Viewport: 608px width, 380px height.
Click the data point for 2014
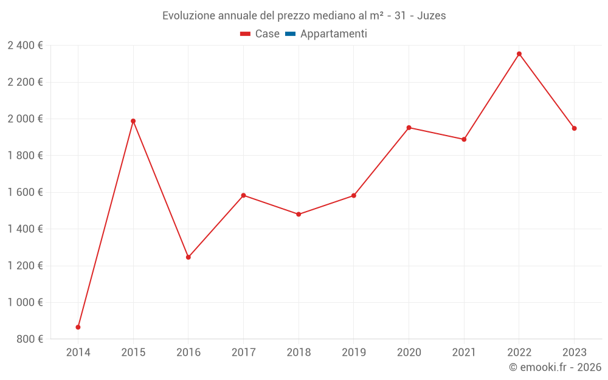pyautogui.click(x=78, y=327)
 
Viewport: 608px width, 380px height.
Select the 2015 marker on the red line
pyautogui.click(x=133, y=121)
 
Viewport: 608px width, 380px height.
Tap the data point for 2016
pyautogui.click(x=188, y=257)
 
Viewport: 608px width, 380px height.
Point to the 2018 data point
pyautogui.click(x=299, y=215)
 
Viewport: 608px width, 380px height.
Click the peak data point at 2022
pyautogui.click(x=519, y=54)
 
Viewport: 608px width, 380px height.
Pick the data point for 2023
pyautogui.click(x=574, y=128)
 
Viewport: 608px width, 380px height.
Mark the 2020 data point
pyautogui.click(x=409, y=128)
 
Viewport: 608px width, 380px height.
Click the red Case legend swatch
pyautogui.click(x=246, y=34)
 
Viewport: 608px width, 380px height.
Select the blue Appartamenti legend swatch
pyautogui.click(x=290, y=34)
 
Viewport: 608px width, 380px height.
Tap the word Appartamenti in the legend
pyautogui.click(x=333, y=34)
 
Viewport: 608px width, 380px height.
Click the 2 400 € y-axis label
pyautogui.click(x=26, y=46)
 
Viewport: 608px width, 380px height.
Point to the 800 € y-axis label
pyautogui.click(x=30, y=339)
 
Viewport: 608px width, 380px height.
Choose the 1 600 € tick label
pyautogui.click(x=26, y=192)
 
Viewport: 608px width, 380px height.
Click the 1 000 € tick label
pyautogui.click(x=26, y=302)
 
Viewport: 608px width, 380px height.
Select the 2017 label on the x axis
pyautogui.click(x=243, y=353)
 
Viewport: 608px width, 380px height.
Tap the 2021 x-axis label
pyautogui.click(x=464, y=353)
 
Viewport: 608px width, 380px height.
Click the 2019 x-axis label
pyautogui.click(x=354, y=353)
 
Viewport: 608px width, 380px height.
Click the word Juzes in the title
pyautogui.click(x=432, y=16)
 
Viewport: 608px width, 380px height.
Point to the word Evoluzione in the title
pyautogui.click(x=188, y=16)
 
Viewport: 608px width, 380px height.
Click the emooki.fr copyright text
pyautogui.click(x=555, y=367)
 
